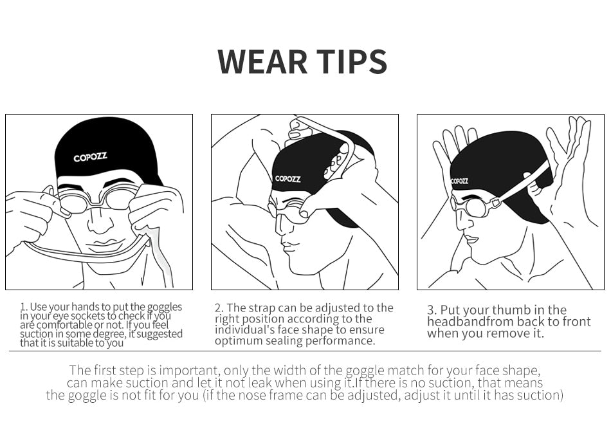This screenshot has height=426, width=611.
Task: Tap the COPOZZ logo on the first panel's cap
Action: click(90, 157)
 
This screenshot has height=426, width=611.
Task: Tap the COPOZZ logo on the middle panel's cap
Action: click(287, 178)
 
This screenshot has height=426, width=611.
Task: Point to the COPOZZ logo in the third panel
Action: click(459, 181)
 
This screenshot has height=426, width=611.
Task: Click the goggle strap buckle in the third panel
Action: click(495, 202)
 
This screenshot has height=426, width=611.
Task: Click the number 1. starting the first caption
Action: click(24, 307)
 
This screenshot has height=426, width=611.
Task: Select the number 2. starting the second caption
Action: click(219, 308)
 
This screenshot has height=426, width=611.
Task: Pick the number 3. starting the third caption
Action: click(432, 310)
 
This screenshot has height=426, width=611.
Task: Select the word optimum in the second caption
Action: click(239, 342)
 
